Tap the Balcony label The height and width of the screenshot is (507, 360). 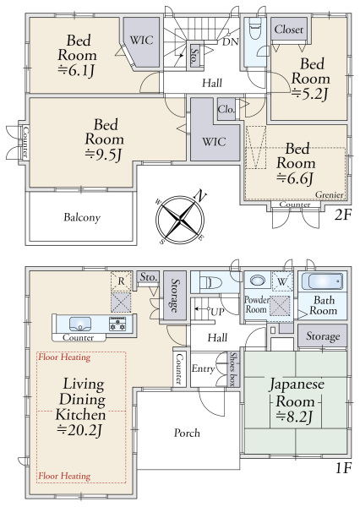tap(82, 217)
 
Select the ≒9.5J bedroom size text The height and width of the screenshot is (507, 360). tap(103, 155)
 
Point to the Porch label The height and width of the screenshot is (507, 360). tap(187, 433)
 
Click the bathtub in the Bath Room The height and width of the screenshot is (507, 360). tap(322, 281)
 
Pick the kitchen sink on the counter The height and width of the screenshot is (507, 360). tap(80, 324)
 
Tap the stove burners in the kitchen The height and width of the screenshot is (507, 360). tap(117, 324)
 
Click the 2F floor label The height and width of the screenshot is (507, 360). tap(343, 215)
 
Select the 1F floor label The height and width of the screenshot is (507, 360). tap(343, 467)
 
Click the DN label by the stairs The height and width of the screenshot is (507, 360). tap(231, 41)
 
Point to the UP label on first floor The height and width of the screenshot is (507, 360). tap(217, 312)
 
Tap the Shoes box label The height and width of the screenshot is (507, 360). tap(232, 368)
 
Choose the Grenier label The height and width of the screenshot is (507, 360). tap(329, 194)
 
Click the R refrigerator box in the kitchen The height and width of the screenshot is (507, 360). tap(121, 281)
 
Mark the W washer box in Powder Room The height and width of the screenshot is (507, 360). tap(282, 281)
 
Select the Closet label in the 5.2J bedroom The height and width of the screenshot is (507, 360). tap(289, 30)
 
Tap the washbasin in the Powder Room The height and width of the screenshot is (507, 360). tap(257, 280)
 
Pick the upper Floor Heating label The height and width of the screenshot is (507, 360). tap(64, 357)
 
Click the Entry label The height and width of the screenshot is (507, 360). tap(203, 368)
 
